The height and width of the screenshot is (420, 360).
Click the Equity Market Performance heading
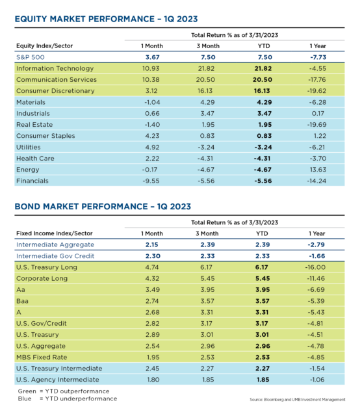107,19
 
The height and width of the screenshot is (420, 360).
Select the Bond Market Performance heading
103,207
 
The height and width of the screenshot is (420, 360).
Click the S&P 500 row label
31,57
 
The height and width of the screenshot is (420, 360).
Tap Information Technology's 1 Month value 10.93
151,68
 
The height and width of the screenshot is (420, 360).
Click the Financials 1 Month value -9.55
151,181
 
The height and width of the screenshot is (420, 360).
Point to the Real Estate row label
34,125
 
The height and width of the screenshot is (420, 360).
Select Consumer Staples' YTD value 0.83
264,136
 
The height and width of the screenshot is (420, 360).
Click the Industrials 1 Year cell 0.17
318,114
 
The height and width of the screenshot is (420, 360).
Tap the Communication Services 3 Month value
206,80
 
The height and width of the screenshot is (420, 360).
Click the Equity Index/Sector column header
44,46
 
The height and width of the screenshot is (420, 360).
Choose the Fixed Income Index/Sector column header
55,233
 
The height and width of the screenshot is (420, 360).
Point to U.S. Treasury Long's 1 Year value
315,267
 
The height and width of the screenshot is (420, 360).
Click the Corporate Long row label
42,278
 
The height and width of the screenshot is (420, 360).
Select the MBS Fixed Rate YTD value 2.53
263,358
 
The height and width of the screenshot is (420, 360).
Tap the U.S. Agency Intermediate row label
58,380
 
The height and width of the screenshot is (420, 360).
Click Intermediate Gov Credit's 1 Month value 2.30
153,256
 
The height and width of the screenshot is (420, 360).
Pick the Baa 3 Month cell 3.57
207,301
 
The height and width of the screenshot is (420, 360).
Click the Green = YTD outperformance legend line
64,391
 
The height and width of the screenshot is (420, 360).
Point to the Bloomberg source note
298,400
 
